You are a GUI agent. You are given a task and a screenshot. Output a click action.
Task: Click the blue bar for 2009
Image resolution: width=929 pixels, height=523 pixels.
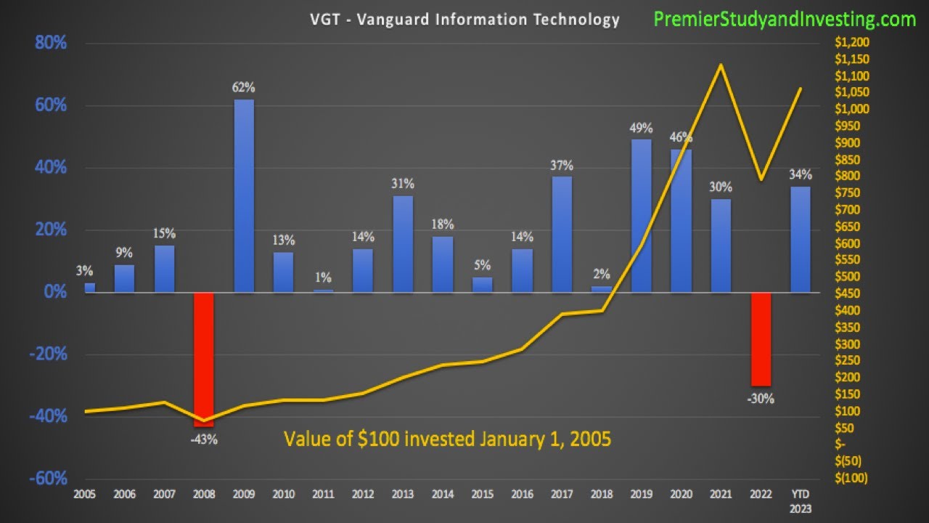[244, 196]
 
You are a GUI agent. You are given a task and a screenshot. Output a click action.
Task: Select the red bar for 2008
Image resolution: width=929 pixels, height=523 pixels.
[204, 356]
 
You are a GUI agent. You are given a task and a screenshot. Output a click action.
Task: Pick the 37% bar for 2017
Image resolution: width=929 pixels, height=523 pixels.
[562, 234]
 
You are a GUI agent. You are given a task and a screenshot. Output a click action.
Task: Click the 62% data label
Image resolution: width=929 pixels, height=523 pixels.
[244, 88]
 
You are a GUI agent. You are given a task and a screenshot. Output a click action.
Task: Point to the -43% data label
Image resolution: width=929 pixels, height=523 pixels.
[204, 439]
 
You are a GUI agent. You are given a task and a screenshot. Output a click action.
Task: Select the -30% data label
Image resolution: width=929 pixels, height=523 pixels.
[761, 398]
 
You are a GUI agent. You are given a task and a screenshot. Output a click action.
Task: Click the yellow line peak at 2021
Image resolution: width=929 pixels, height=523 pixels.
[720, 65]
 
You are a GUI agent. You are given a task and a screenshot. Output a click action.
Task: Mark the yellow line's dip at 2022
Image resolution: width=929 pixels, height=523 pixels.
[760, 179]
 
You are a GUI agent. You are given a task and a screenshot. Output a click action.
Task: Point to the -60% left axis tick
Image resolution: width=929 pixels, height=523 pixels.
[49, 479]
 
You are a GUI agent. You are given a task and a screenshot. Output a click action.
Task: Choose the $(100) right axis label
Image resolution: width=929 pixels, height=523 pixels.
[851, 478]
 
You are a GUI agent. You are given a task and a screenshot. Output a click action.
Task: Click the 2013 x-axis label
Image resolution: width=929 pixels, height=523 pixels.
[403, 495]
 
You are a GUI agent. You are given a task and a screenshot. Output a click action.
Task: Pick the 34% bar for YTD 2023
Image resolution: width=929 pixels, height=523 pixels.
[800, 240]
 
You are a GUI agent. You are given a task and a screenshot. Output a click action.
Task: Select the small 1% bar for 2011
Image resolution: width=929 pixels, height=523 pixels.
[323, 291]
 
